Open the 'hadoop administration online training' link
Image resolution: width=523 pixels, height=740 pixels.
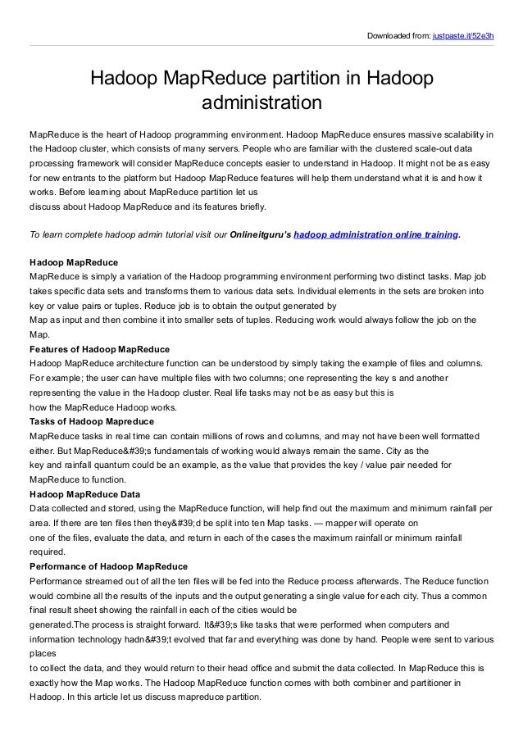[375, 234]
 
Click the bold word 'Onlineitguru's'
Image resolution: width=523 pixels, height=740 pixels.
[260, 234]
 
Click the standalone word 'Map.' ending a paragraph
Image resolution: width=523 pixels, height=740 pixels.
[39, 334]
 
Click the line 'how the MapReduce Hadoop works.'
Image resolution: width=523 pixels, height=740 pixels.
[102, 407]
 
